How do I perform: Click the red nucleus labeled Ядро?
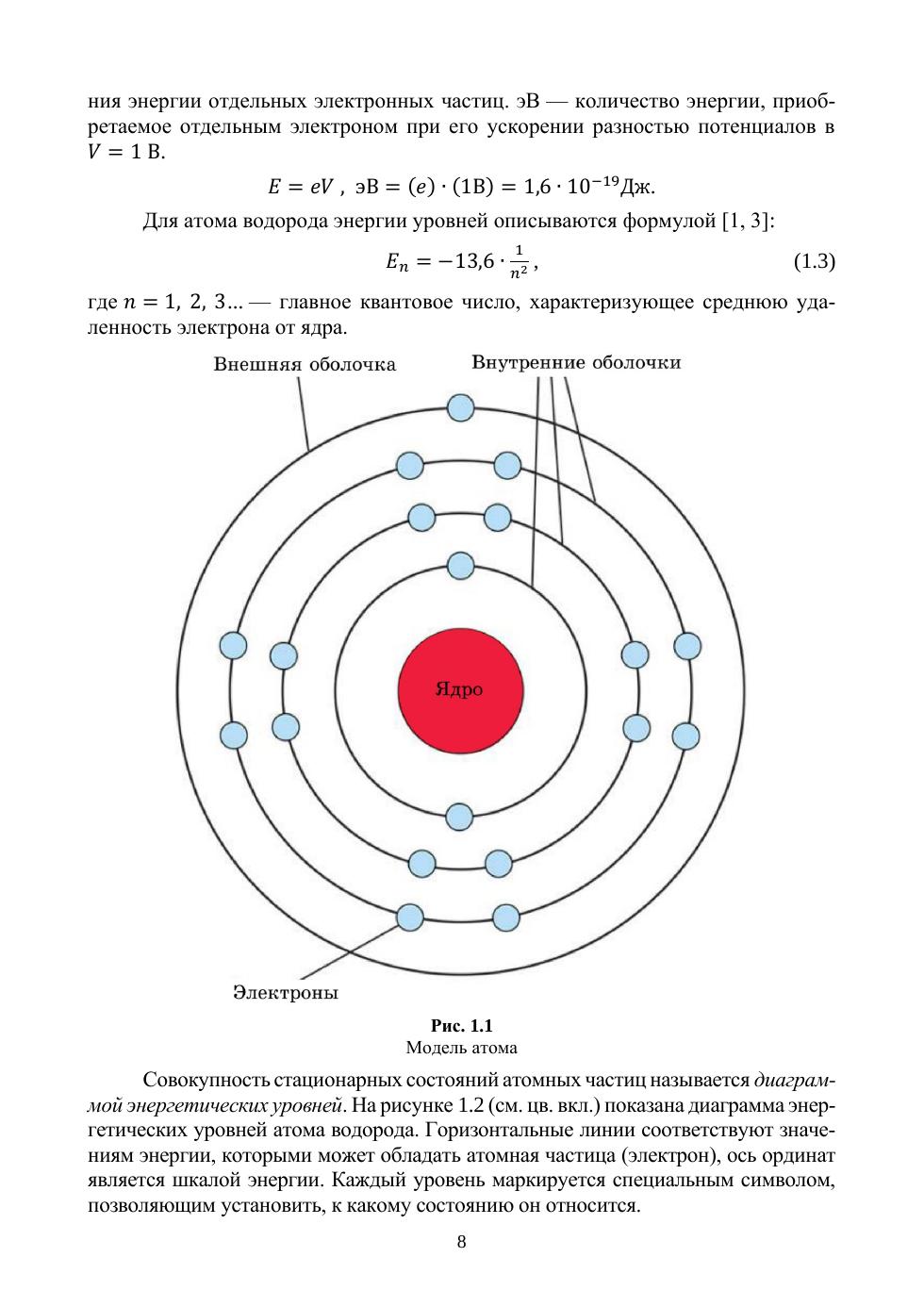coord(460,689)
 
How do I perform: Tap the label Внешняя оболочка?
coord(305,364)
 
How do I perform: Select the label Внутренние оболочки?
coord(576,363)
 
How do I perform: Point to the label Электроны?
coord(285,992)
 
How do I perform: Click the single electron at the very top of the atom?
coord(460,407)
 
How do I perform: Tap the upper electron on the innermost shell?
coord(460,566)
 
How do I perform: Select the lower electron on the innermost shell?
coord(459,816)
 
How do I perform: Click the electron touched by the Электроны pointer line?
coord(410,917)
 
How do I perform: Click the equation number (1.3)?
coord(814,261)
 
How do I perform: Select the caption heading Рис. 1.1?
coord(461,1025)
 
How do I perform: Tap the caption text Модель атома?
coord(461,1047)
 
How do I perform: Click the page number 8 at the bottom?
coord(461,1241)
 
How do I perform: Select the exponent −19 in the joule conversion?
coord(604,179)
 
